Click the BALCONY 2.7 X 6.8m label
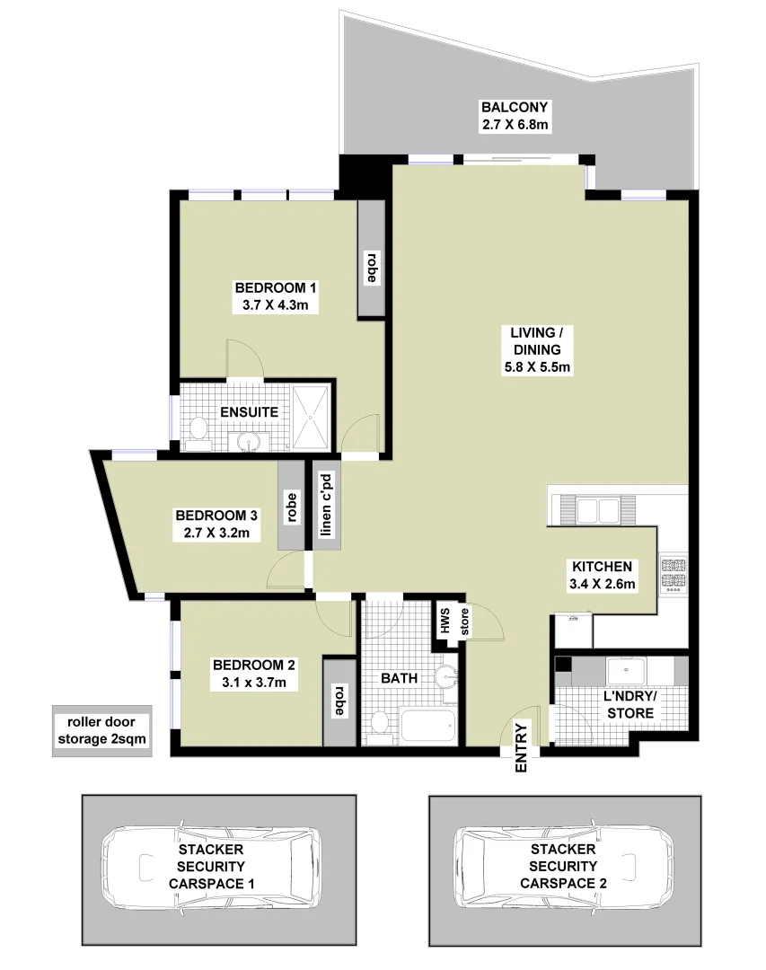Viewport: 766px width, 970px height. point(515,116)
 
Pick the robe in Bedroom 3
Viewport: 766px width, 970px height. point(291,506)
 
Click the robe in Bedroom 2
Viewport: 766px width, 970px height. point(339,701)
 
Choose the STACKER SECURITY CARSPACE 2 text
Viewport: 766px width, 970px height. point(563,866)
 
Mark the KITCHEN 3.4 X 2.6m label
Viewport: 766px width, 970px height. point(603,576)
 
